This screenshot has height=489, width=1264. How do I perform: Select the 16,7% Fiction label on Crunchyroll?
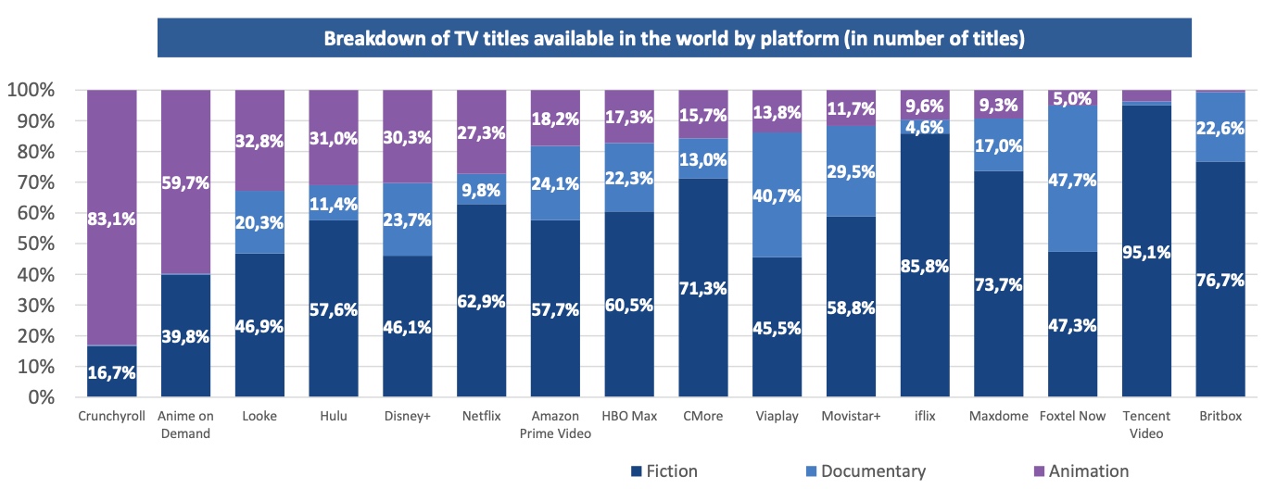click(x=111, y=374)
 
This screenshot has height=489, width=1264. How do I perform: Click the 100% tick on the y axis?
click(x=34, y=90)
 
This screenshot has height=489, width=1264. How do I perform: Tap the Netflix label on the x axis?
click(x=481, y=416)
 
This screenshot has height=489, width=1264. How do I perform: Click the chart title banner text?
click(x=674, y=39)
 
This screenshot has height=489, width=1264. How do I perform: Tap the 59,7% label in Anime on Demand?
click(x=185, y=182)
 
